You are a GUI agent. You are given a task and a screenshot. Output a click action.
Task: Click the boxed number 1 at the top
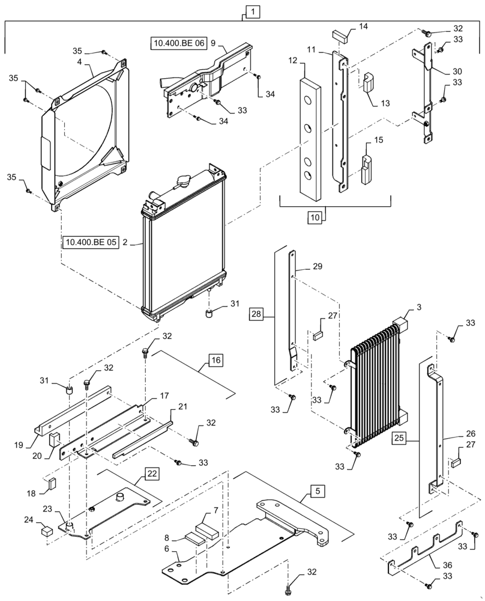click(253, 11)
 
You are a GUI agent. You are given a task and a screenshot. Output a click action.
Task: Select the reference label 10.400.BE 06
click(178, 43)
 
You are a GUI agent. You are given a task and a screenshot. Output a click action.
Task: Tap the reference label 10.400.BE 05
click(90, 243)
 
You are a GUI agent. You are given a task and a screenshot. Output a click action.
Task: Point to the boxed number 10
click(315, 218)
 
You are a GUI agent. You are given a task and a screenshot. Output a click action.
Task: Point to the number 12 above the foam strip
click(292, 61)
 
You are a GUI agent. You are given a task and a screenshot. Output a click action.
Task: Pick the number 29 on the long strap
click(318, 266)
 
